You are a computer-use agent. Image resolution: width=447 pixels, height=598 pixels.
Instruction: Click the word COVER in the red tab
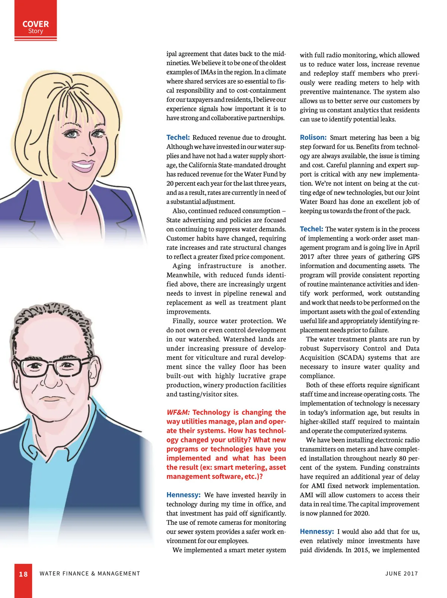pyautogui.click(x=35, y=24)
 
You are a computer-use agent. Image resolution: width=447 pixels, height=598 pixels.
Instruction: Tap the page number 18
pyautogui.click(x=23, y=574)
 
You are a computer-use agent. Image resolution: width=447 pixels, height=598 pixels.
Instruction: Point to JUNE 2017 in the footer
pyautogui.click(x=402, y=573)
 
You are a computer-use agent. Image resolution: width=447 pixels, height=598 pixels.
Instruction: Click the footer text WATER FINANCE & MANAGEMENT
pyautogui.click(x=90, y=573)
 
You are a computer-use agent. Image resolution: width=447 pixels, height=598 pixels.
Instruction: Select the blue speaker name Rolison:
pyautogui.click(x=313, y=137)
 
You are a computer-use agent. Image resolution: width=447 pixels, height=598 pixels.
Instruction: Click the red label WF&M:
pyautogui.click(x=178, y=412)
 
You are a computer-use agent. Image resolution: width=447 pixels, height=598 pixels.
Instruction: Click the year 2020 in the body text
pyautogui.click(x=361, y=513)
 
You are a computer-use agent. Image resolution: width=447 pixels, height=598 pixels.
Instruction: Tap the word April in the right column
pyautogui.click(x=412, y=248)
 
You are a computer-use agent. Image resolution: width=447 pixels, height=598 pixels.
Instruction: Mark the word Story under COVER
pyautogui.click(x=35, y=31)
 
